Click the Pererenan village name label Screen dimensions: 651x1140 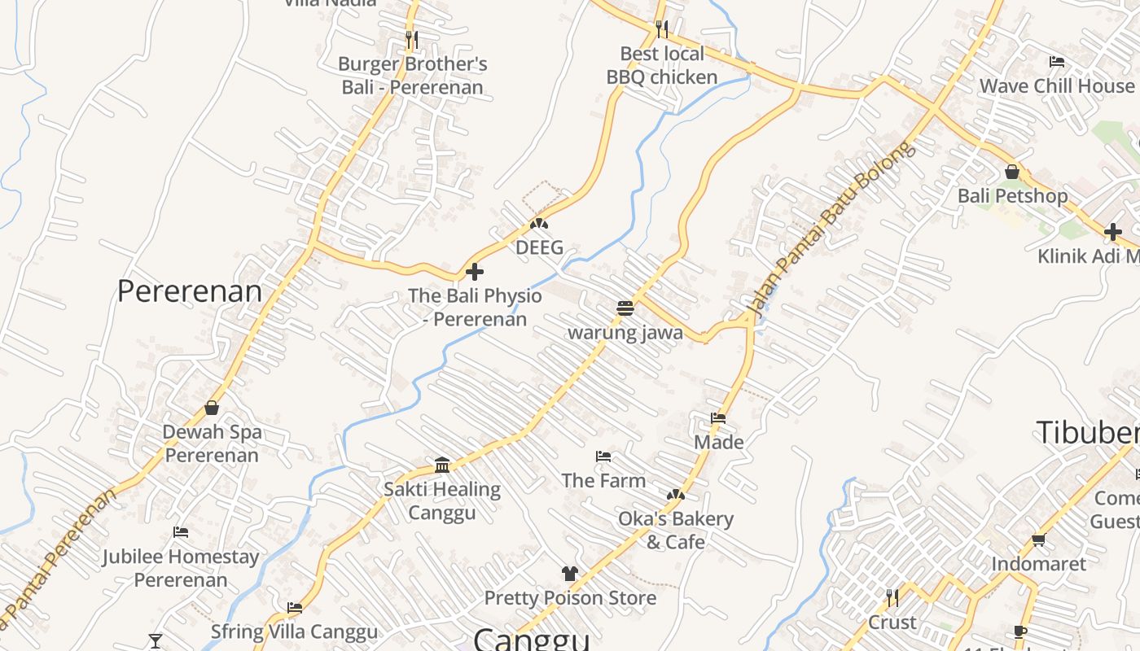[190, 291]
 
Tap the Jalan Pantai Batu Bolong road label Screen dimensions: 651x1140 [831, 230]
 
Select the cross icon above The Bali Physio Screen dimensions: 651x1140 [475, 272]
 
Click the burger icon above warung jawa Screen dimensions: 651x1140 [625, 308]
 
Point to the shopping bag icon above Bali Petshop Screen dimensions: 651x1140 [1012, 172]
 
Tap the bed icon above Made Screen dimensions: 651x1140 [718, 418]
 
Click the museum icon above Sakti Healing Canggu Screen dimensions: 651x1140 [442, 465]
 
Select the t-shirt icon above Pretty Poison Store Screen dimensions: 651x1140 [569, 574]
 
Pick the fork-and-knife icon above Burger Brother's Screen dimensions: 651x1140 [412, 38]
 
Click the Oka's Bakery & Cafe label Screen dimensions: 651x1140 [675, 530]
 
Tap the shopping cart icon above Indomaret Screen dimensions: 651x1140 [1038, 540]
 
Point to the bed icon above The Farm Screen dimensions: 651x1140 [603, 457]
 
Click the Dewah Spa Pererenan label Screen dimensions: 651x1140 [212, 443]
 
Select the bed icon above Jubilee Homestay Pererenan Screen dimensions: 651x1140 [181, 532]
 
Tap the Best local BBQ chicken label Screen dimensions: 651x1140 [662, 65]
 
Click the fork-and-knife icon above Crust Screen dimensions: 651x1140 [892, 598]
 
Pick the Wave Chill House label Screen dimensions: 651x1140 [1056, 85]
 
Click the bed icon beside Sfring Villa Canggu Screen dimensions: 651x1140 [295, 607]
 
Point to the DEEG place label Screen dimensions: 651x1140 [539, 247]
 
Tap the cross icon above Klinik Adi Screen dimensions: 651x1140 [1113, 232]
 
